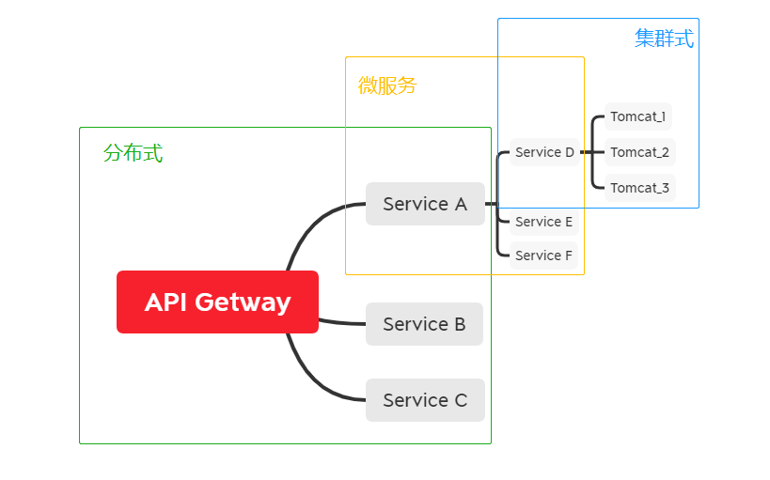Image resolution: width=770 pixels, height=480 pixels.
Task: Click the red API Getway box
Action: pos(217,302)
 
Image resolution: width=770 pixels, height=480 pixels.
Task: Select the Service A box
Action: pos(425,204)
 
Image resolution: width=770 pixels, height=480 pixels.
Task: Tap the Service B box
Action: pos(424,324)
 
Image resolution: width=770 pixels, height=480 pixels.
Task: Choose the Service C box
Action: pos(425,400)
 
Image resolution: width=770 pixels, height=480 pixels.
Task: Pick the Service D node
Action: pos(544,152)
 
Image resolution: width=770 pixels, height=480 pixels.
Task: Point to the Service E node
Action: pos(543,222)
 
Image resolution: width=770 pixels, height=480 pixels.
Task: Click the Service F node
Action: pos(543,255)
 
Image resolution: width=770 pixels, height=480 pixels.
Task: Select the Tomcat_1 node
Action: pos(638,116)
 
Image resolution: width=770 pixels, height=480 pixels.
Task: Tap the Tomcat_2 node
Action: pos(639,152)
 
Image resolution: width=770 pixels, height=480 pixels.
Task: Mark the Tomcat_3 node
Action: pos(639,188)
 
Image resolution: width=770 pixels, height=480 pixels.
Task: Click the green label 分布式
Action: pos(133,153)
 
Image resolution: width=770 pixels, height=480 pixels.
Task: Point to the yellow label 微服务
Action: pos(386,85)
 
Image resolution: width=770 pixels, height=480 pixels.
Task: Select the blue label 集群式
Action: pos(664,39)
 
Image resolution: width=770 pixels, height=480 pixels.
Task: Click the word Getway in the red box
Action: pos(244,302)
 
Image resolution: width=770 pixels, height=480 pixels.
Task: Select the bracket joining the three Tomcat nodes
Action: pos(592,152)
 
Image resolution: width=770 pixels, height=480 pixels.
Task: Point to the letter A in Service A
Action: pos(460,204)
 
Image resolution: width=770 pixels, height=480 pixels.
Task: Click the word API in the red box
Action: pos(166,302)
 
